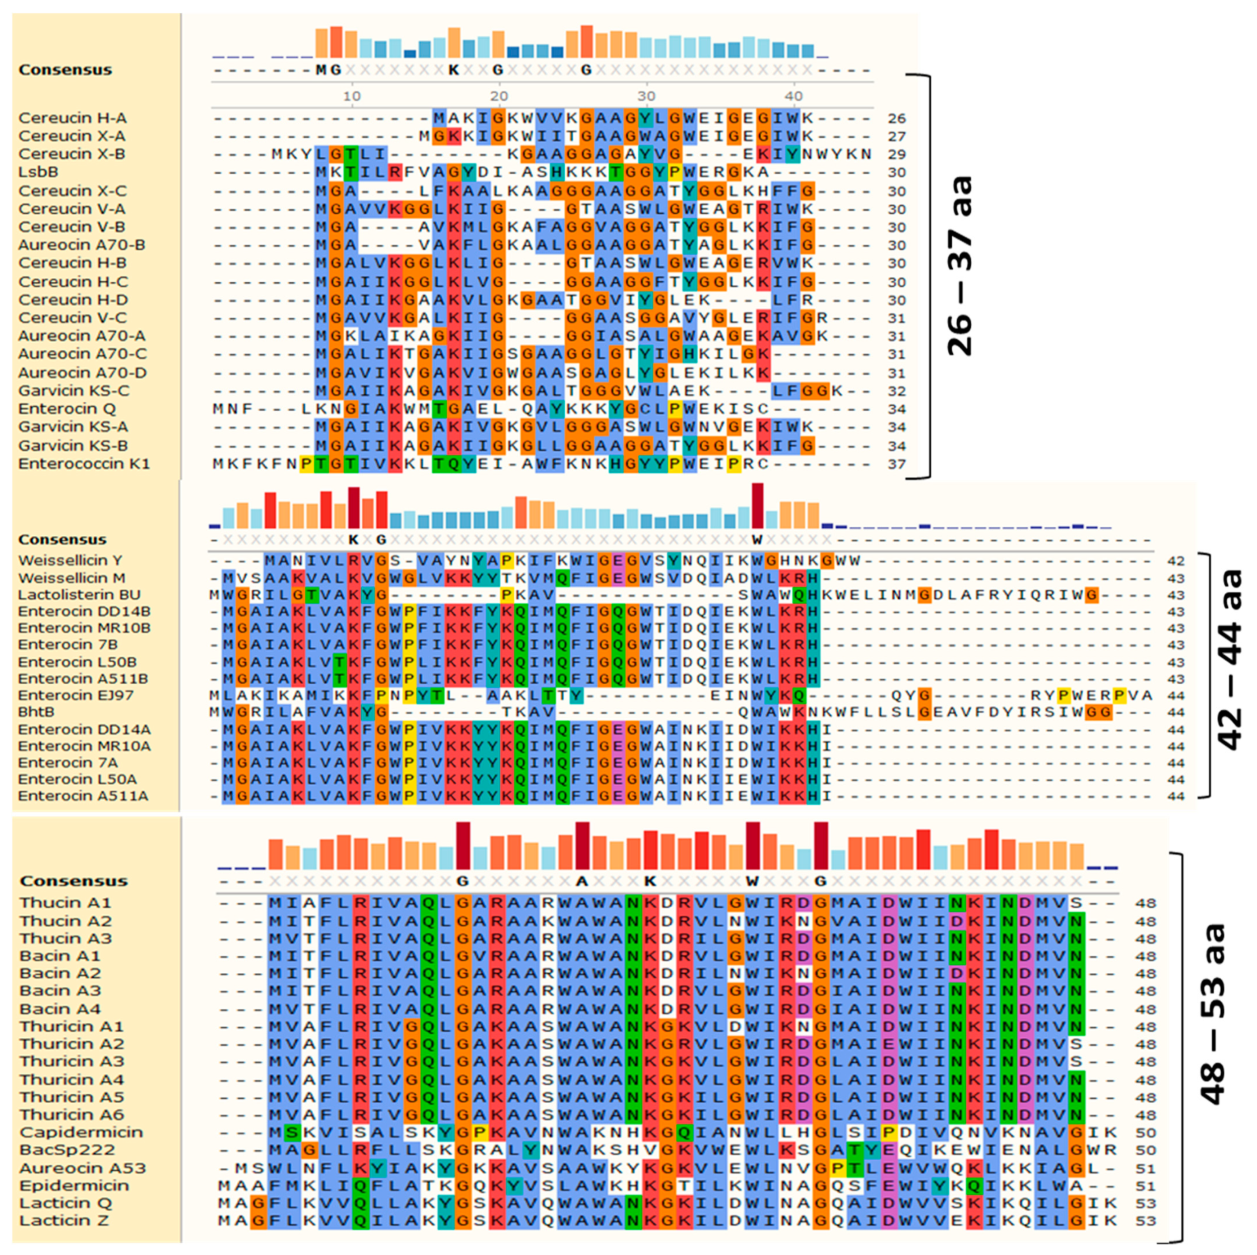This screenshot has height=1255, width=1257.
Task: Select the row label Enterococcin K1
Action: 84,464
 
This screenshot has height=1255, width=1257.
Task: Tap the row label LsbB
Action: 38,172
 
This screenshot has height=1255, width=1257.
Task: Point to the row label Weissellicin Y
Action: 71,561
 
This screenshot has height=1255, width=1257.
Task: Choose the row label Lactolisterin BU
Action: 79,594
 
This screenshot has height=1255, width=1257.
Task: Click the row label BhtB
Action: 36,712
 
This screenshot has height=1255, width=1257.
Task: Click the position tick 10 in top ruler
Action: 352,96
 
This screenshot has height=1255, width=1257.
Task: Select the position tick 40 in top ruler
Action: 793,96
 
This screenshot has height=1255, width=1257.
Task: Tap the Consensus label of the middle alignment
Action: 62,540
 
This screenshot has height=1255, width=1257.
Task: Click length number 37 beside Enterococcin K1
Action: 897,464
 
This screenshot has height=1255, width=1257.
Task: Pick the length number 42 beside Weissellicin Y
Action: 1176,561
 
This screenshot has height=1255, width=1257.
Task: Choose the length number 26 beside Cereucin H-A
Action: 897,119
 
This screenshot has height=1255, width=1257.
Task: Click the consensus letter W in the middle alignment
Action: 757,540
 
